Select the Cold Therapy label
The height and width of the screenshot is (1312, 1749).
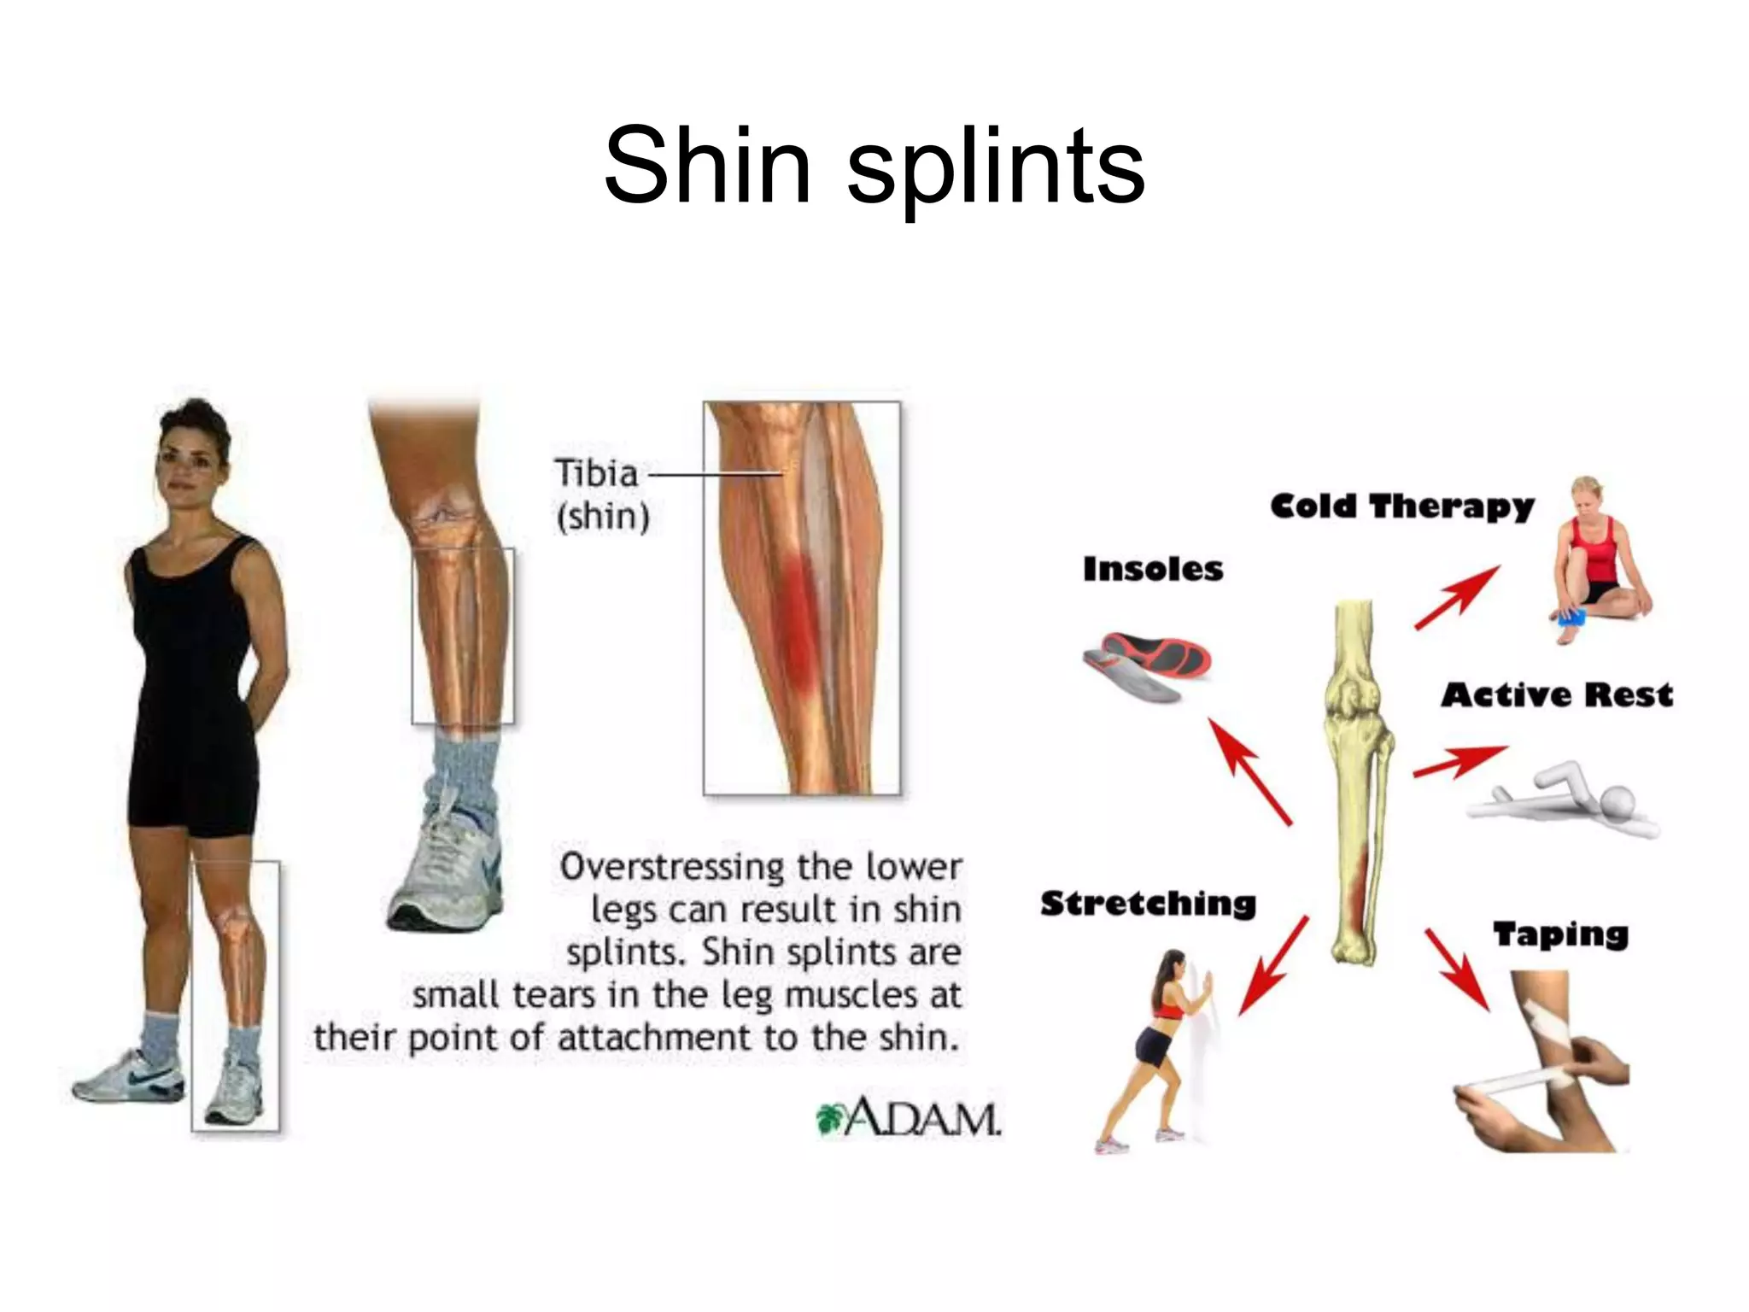point(1401,507)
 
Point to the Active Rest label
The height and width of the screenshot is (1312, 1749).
point(1557,695)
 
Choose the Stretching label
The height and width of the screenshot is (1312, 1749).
point(1148,904)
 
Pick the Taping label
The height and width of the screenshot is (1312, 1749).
point(1560,934)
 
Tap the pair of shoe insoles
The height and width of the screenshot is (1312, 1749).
point(1147,665)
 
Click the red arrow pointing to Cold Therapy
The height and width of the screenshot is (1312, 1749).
point(1457,597)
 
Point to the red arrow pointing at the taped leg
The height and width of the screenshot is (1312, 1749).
point(1458,969)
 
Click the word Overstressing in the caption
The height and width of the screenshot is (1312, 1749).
point(671,867)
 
